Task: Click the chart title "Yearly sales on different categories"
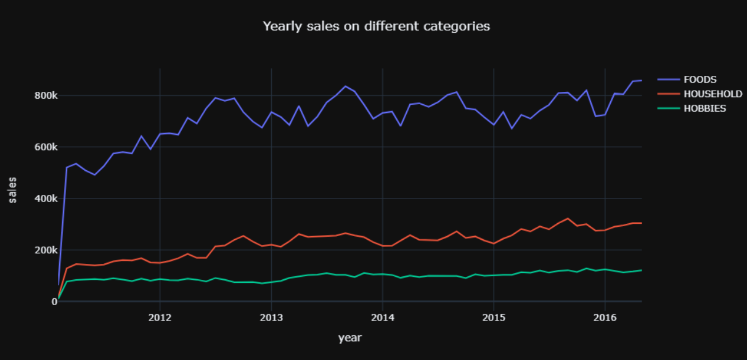point(376,26)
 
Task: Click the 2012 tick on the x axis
point(160,317)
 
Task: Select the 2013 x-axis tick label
point(271,317)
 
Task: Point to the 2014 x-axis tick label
point(382,317)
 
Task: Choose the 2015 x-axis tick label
point(493,317)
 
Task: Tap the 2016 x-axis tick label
point(605,317)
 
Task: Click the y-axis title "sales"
point(12,189)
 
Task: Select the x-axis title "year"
point(349,338)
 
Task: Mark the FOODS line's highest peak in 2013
point(345,86)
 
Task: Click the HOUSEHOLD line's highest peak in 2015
point(568,218)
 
